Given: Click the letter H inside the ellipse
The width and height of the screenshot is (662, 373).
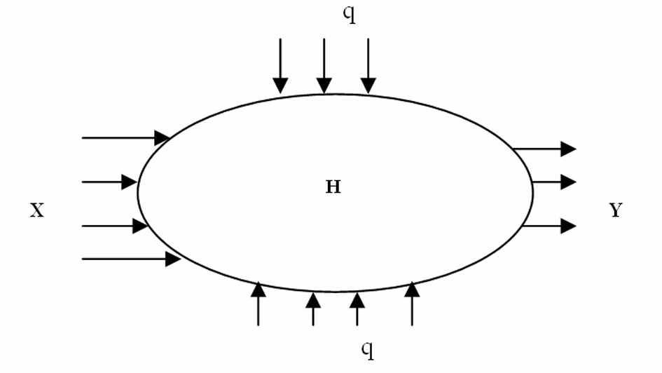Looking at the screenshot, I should (333, 187).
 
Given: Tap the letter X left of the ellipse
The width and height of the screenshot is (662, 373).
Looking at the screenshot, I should (37, 210).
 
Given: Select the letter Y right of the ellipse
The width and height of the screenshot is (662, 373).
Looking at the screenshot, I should (615, 210).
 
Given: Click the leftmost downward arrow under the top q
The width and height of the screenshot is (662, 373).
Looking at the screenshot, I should (280, 66).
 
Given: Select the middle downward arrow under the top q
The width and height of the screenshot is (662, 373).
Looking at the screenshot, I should (324, 66).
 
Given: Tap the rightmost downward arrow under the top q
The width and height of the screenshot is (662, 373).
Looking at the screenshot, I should (368, 66).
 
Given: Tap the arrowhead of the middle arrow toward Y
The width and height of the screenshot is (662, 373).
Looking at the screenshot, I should (568, 182).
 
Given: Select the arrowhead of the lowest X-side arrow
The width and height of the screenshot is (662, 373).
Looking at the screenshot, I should (173, 259).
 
